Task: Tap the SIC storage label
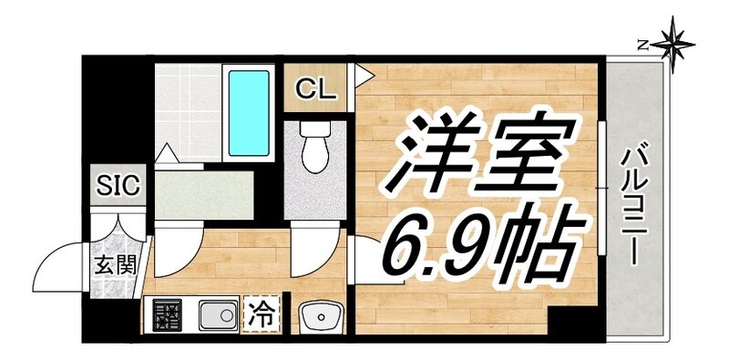click(x=118, y=187)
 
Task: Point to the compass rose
click(x=674, y=43)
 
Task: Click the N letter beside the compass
click(x=642, y=43)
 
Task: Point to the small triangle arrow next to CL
click(x=362, y=73)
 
